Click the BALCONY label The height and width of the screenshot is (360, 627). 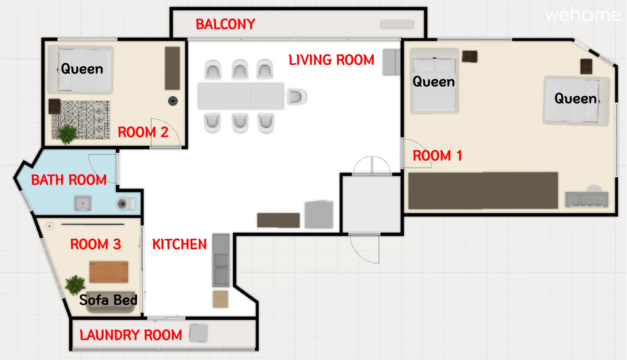[x=225, y=24]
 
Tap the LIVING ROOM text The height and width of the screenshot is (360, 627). [x=331, y=60]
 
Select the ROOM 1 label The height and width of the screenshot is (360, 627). [x=437, y=156]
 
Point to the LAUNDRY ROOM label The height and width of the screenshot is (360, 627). [x=131, y=335]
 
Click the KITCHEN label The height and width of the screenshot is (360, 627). [x=179, y=244]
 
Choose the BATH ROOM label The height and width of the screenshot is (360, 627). [x=69, y=180]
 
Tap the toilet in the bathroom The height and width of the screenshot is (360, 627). [x=126, y=204]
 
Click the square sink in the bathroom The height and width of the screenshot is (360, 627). [x=83, y=203]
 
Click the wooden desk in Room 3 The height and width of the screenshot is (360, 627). [x=109, y=272]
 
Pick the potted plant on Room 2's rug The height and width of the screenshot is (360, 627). [x=67, y=134]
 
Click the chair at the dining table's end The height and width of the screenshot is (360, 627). [x=296, y=97]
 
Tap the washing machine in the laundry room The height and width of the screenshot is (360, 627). [x=198, y=333]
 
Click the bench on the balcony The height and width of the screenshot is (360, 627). [x=397, y=24]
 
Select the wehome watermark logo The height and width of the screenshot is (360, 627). [x=583, y=15]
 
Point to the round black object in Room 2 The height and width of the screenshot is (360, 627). [x=173, y=101]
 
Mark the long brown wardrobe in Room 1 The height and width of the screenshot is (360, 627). [x=483, y=190]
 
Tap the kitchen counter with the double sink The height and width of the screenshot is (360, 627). [x=221, y=260]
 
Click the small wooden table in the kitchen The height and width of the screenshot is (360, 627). [x=220, y=299]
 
